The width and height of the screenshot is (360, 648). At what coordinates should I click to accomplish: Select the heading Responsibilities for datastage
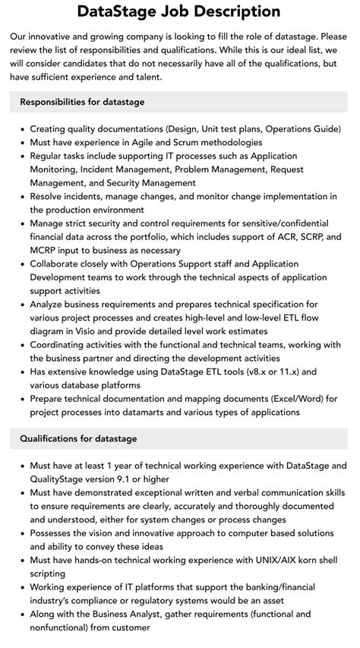[x=82, y=102]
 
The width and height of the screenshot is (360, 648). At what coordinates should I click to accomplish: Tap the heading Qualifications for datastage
[x=77, y=438]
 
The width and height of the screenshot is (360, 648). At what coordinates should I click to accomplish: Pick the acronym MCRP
[x=46, y=251]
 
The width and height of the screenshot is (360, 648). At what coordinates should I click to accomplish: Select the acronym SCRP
[x=305, y=237]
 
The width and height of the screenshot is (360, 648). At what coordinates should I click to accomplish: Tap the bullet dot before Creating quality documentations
[x=22, y=129]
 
